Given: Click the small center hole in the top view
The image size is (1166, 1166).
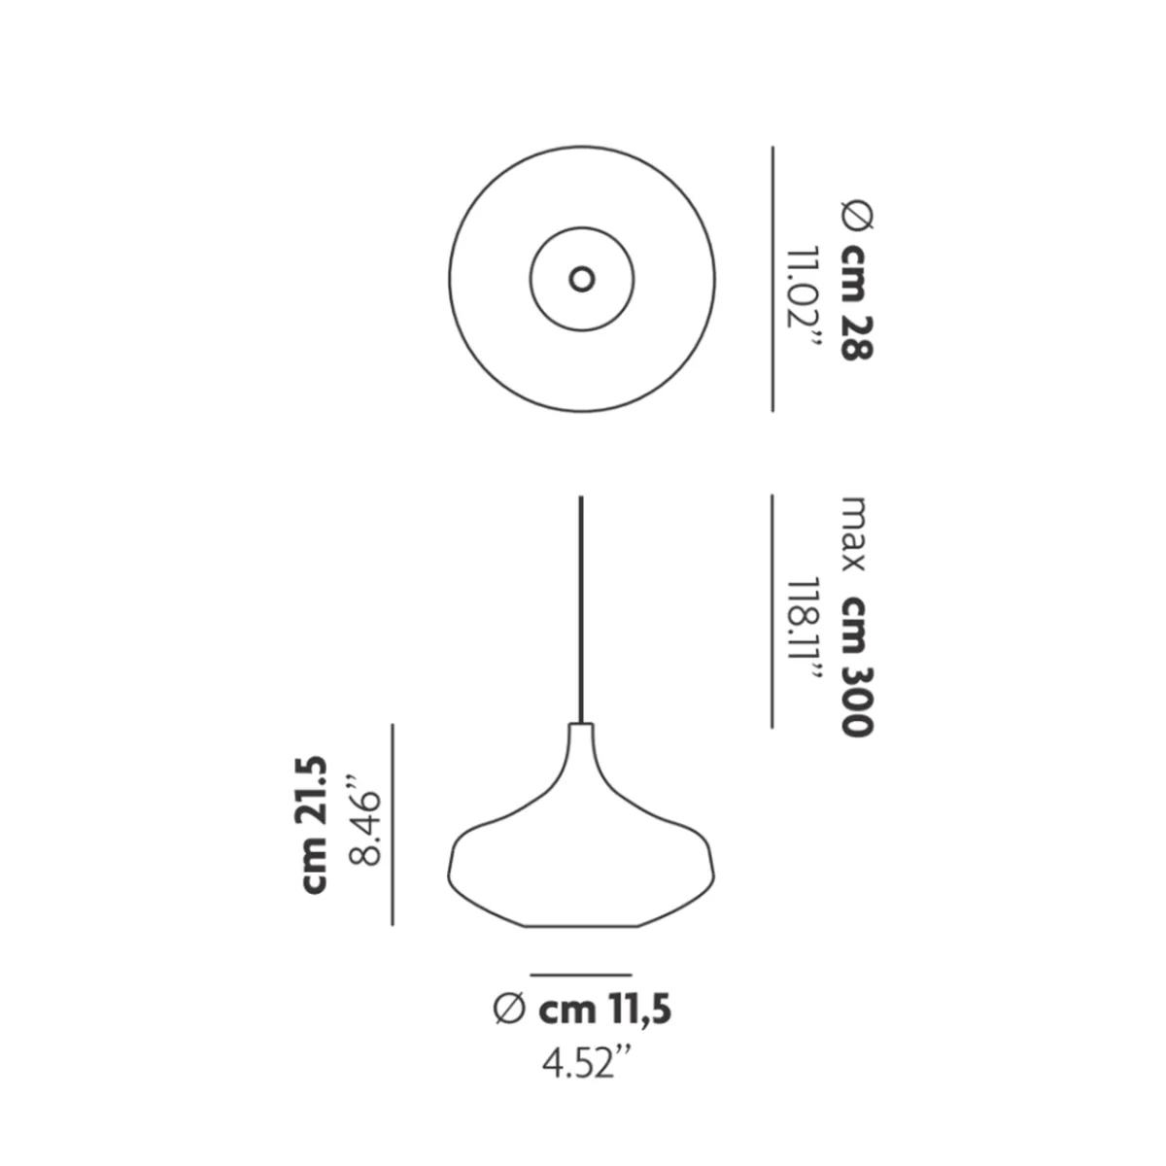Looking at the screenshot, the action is point(581,280).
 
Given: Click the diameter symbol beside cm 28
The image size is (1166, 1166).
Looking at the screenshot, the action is point(857,218).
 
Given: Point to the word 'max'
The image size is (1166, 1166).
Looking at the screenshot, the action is point(854,533).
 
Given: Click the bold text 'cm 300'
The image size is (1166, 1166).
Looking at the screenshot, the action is point(857,667).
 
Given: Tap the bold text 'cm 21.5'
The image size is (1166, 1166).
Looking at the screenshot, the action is point(314,825).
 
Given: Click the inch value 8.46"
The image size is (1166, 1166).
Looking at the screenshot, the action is point(365,819).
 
